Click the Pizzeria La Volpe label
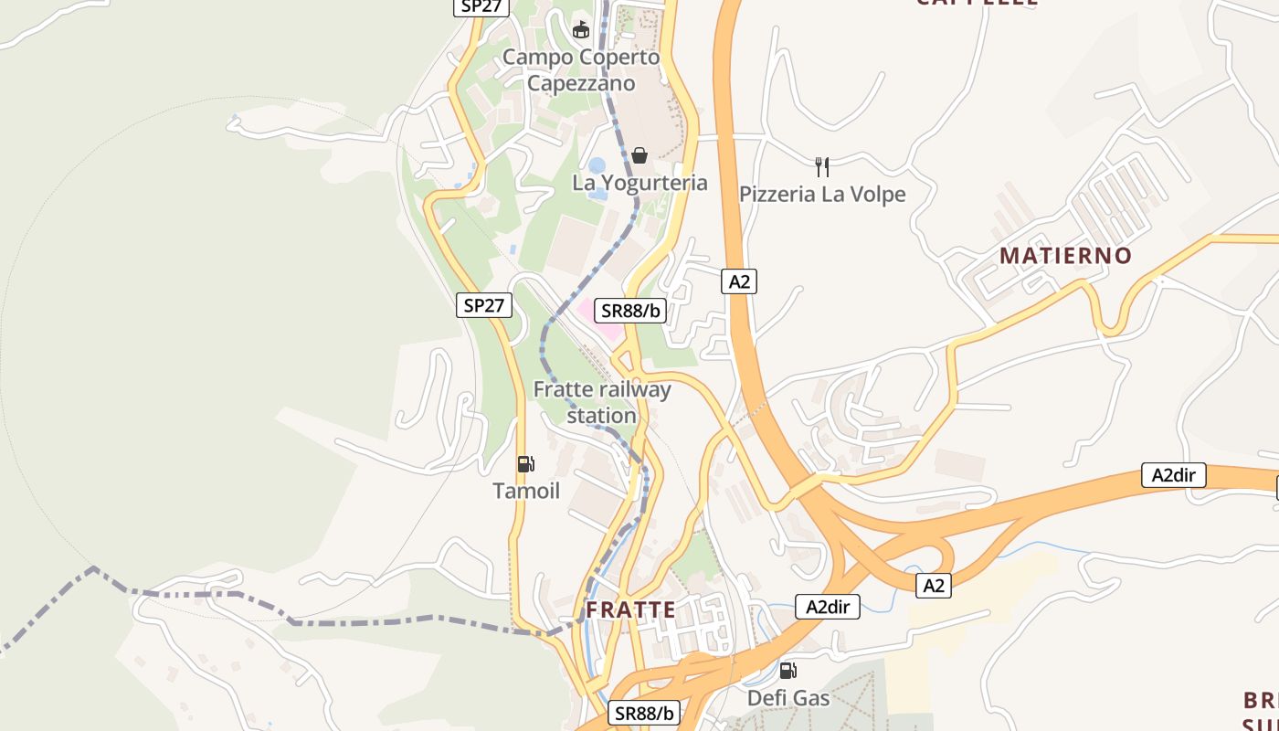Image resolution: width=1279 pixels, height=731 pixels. coord(822,195)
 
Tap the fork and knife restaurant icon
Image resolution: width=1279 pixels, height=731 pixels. coord(822,166)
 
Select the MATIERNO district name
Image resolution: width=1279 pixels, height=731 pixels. coord(1065,256)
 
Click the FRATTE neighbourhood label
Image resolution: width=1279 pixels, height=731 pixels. coord(630,609)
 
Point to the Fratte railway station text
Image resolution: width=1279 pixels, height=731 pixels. coord(602,402)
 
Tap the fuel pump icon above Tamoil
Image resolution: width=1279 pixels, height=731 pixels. coord(525,464)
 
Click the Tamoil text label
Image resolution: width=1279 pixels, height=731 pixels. coord(526,492)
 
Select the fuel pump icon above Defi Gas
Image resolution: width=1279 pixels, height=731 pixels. coord(787,672)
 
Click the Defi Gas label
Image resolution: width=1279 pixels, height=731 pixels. coord(787,699)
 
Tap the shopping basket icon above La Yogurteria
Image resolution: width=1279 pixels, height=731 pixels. coord(639,155)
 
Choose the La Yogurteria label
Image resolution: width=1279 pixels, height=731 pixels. coord(639,183)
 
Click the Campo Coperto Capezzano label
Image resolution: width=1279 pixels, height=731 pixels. coord(581,70)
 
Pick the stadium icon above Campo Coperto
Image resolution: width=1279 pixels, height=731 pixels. coord(581,30)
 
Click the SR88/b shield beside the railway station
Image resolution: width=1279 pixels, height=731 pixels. coord(629,311)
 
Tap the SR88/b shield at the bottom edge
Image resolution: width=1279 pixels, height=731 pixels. coord(644,714)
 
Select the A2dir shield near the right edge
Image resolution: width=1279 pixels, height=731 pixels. coord(1173,475)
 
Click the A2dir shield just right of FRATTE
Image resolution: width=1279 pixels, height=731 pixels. coord(828,607)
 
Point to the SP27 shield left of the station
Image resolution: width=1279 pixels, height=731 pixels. coord(483,305)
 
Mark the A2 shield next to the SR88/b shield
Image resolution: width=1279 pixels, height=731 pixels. coord(739,281)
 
